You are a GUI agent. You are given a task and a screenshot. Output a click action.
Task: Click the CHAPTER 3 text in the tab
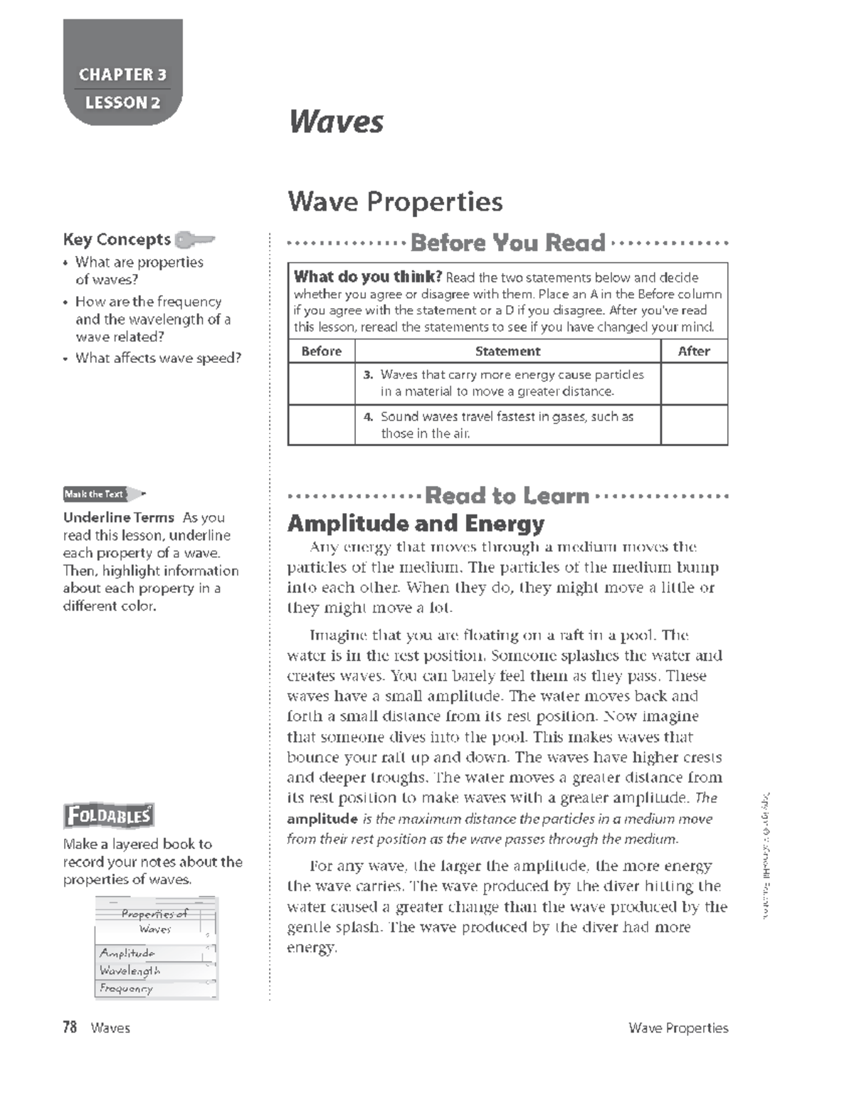click(122, 75)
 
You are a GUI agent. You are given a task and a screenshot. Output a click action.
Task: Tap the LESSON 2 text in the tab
click(122, 102)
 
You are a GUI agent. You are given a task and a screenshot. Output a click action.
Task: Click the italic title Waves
click(336, 122)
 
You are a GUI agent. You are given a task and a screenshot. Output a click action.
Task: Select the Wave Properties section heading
click(395, 202)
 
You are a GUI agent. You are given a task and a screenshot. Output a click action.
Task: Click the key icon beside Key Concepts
click(194, 239)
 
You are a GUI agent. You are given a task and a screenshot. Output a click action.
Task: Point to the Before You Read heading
click(507, 243)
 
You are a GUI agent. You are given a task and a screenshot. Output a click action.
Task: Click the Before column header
click(321, 351)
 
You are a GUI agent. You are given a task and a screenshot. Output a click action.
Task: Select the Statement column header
click(507, 351)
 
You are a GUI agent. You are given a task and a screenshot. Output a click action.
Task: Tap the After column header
click(694, 351)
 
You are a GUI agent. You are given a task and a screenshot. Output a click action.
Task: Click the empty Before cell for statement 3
click(321, 384)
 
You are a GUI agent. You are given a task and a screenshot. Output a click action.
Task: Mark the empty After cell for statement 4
click(694, 425)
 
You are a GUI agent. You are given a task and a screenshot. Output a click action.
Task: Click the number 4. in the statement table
click(368, 417)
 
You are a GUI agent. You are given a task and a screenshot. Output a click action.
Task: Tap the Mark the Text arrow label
click(104, 494)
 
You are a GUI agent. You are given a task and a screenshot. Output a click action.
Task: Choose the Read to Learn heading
click(507, 496)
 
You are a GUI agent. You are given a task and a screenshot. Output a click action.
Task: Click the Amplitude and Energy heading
click(416, 524)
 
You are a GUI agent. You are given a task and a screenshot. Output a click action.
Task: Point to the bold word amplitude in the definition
click(322, 819)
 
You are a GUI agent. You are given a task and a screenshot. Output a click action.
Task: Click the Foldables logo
click(109, 815)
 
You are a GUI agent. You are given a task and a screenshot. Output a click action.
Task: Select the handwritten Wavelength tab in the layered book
click(130, 971)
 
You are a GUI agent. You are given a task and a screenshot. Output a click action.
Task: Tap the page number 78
click(70, 1027)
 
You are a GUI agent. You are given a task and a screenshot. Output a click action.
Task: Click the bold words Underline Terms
click(118, 517)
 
